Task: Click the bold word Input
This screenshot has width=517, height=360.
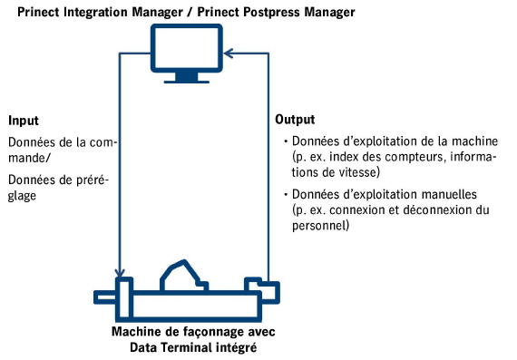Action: pos(23,121)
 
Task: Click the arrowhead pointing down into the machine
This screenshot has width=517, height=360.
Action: pos(119,272)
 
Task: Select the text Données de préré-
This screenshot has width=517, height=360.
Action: pos(58,180)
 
